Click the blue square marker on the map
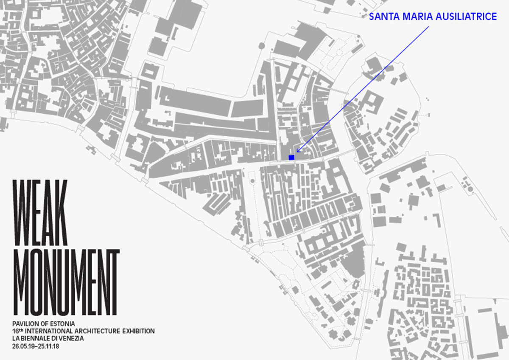(291, 157)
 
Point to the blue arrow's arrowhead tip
(296, 152)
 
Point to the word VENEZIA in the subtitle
(73, 338)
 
